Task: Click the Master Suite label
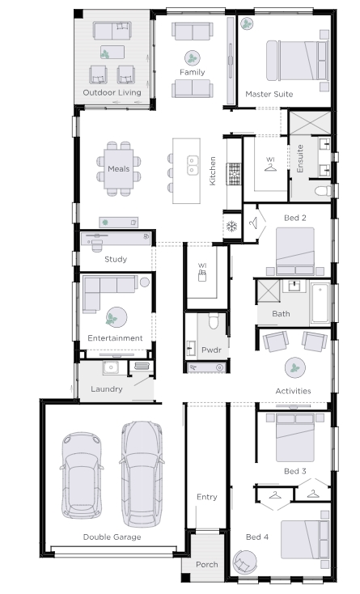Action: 269,94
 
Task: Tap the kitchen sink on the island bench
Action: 193,165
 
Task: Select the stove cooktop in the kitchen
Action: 234,174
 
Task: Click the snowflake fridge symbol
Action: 231,227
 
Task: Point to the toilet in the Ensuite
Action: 323,190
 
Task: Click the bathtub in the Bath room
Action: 320,303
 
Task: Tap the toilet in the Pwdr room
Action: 213,321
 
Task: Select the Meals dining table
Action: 119,168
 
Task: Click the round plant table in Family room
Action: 193,58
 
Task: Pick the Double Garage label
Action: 112,537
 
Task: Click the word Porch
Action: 206,564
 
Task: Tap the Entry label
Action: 206,497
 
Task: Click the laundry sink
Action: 111,367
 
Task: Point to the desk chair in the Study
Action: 97,244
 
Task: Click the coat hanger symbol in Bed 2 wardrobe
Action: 253,223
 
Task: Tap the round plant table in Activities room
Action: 295,367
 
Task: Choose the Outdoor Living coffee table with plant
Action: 112,53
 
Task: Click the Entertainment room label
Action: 115,338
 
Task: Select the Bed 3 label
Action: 295,471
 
